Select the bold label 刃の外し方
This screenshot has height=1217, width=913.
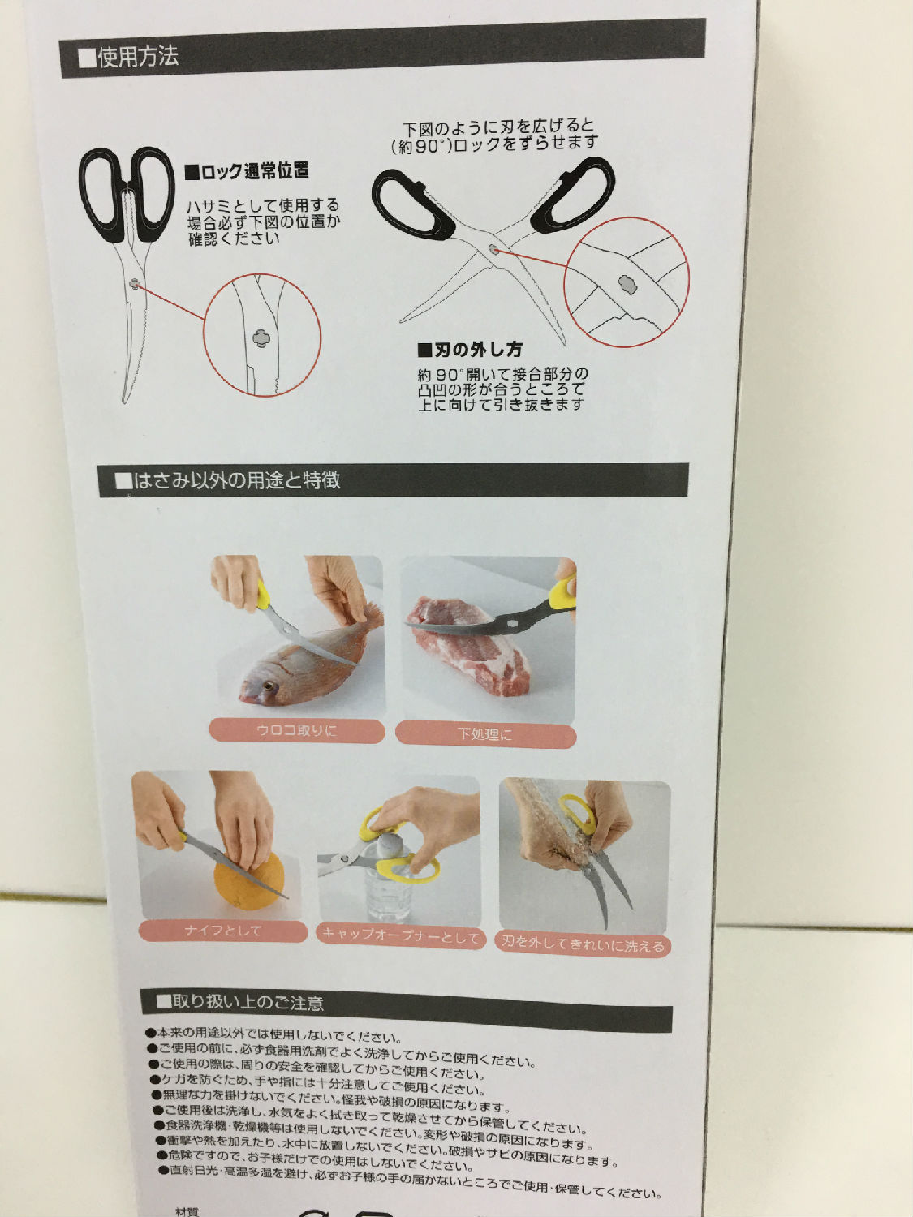pos(470,350)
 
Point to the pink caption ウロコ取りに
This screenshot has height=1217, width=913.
pos(296,730)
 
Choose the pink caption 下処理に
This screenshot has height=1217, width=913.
pos(484,734)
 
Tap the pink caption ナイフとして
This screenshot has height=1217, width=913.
pos(223,931)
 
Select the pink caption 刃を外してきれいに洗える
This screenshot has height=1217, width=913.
pos(583,944)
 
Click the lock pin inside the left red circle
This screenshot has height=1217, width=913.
pos(261,338)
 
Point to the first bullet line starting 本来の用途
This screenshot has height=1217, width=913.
pos(273,1035)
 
